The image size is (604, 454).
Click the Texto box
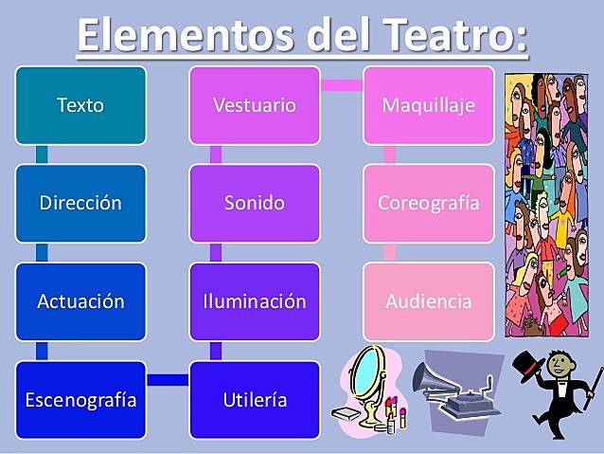tap(80, 105)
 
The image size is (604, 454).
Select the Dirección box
tap(80, 203)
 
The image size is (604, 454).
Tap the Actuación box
tap(80, 301)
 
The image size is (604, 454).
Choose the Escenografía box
tap(80, 399)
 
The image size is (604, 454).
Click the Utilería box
tap(254, 399)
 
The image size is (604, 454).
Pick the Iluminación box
tap(254, 301)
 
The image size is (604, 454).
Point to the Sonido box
tap(254, 203)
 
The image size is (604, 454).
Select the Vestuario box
tap(254, 105)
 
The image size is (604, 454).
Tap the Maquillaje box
tap(428, 105)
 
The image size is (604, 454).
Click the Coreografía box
tap(428, 203)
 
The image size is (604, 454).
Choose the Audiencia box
tap(428, 301)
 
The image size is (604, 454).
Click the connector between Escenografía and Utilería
tap(168, 380)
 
